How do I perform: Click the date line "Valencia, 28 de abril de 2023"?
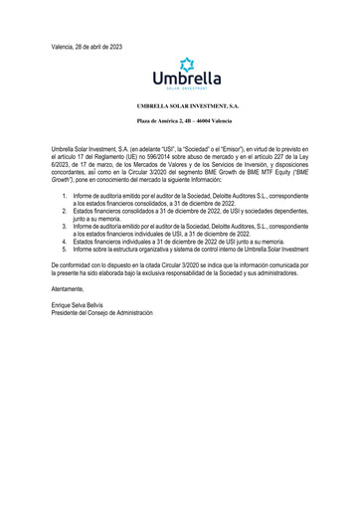(x=87, y=47)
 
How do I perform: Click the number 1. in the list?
(x=65, y=197)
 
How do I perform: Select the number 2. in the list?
(x=65, y=212)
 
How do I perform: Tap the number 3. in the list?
(x=65, y=227)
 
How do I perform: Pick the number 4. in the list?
(x=65, y=242)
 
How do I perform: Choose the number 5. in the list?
(x=65, y=250)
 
